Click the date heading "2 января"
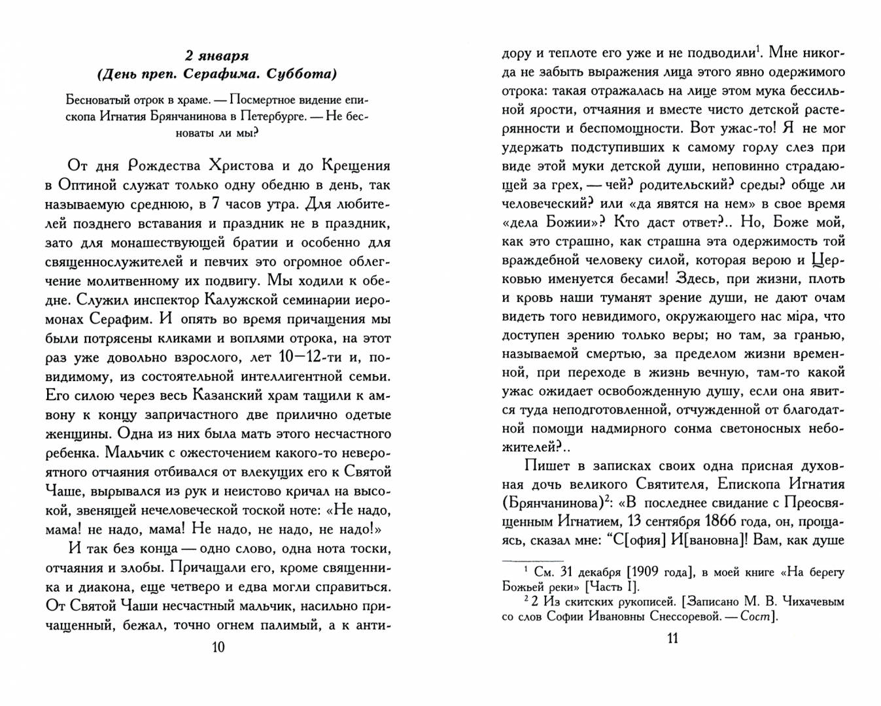[218, 55]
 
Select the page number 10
[218, 647]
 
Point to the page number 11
[673, 638]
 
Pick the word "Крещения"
[353, 165]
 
